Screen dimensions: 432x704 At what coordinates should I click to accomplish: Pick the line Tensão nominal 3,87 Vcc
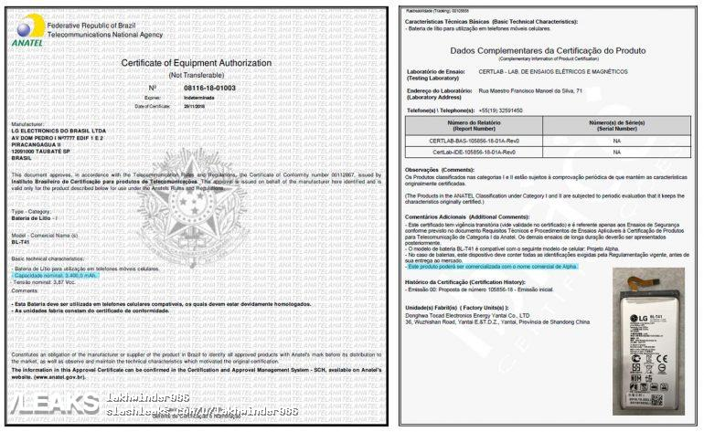pyautogui.click(x=44, y=282)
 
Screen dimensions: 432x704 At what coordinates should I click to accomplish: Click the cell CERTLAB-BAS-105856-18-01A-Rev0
pyautogui.click(x=474, y=141)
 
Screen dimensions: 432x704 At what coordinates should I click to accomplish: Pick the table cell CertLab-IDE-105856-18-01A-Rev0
pyautogui.click(x=474, y=152)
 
